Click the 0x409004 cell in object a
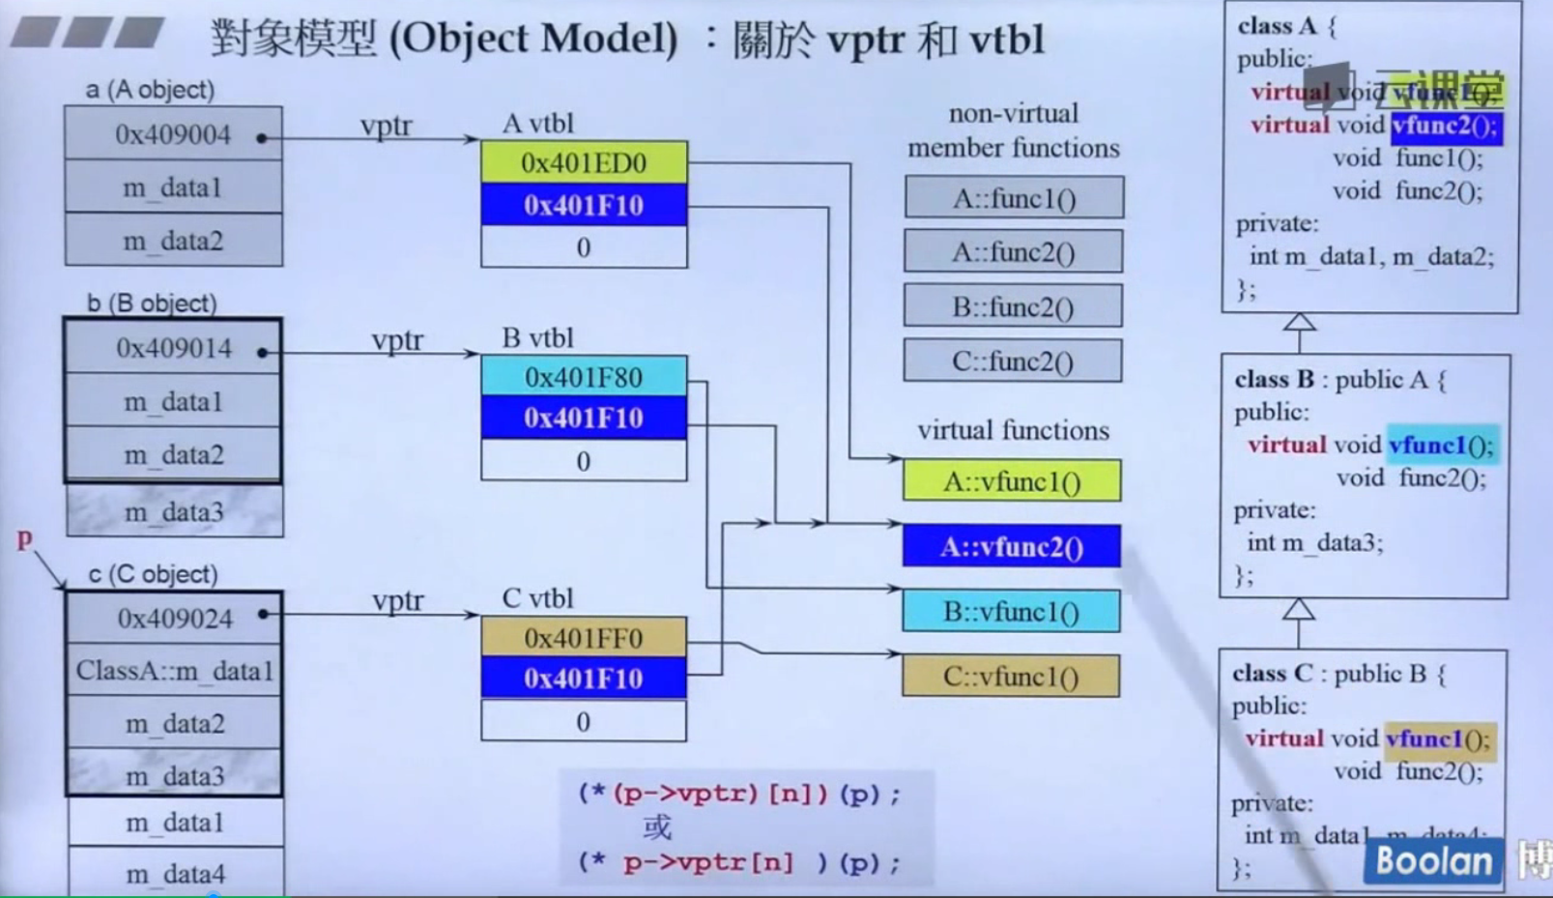(173, 134)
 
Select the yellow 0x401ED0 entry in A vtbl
(584, 162)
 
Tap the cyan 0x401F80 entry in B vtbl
(584, 376)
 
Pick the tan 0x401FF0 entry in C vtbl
(584, 638)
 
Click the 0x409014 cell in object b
(173, 348)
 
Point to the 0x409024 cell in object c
(174, 618)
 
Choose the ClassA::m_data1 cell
(174, 671)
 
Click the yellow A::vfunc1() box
(1012, 481)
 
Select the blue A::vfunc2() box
(1012, 547)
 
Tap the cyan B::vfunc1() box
(1012, 612)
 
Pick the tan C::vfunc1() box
(1012, 677)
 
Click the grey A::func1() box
(1014, 198)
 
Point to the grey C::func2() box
(1013, 362)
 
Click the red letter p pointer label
(24, 539)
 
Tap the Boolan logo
(1433, 861)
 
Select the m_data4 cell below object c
(175, 874)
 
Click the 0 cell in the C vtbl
(584, 722)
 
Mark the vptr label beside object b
(397, 340)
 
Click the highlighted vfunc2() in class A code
(1446, 126)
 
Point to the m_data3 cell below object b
(174, 512)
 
